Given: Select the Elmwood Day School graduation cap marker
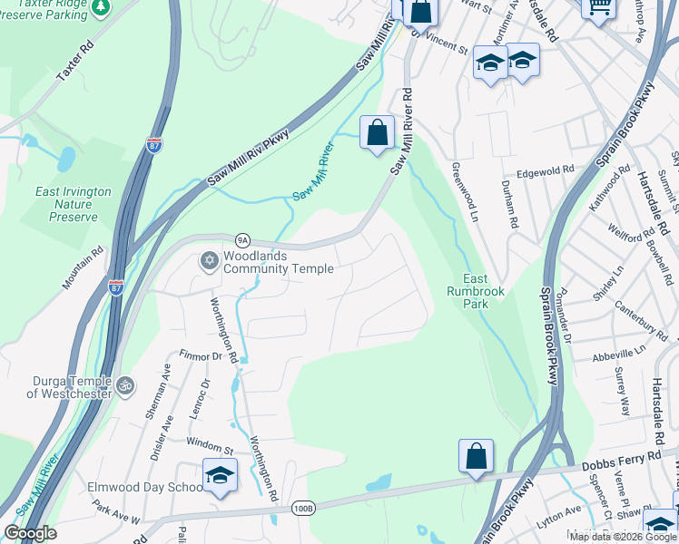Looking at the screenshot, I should point(220,475).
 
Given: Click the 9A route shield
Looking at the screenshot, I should point(242,240).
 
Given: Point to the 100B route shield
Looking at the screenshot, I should point(303,510).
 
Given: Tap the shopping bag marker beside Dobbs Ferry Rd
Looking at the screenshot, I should point(476,456).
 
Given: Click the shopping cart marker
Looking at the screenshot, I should point(598,7).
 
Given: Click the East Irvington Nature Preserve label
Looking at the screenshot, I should point(74,204).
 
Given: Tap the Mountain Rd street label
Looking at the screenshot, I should point(84,271).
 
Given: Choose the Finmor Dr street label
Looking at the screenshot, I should point(201,356).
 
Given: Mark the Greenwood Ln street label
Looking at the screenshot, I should point(465,192).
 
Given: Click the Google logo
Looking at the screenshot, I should point(30,533).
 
